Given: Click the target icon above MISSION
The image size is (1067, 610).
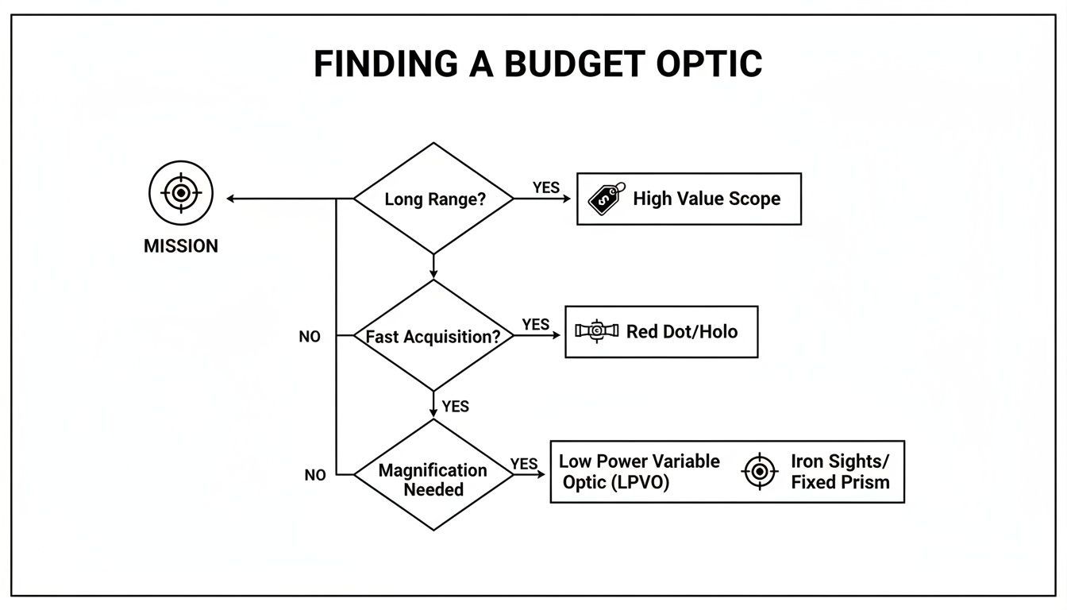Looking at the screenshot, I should point(181,193).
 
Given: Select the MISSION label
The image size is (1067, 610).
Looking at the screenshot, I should point(181,246).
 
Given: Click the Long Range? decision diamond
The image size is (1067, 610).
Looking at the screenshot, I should point(433,199).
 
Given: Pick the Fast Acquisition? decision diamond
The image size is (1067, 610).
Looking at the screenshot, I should point(433,336).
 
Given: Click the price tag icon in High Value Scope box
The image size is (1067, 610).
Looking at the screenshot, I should point(606,199).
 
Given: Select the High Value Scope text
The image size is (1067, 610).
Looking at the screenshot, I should point(707,199).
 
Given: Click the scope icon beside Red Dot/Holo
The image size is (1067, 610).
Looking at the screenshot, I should point(596,331).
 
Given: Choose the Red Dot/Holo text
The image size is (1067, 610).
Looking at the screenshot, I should point(682,331).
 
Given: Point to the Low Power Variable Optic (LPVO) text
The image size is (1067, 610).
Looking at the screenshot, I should point(639,472).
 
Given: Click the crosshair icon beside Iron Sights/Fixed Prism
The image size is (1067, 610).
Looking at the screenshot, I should point(760,472).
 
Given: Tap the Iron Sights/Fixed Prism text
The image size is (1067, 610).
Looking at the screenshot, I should point(841,472).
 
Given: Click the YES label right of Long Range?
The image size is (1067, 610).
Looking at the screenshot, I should point(546,187).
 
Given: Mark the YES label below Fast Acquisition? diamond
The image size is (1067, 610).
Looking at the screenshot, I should point(456,407).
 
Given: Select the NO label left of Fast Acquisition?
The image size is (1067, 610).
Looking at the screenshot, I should point(310,337).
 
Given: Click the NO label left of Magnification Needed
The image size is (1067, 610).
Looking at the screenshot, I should point(315,475).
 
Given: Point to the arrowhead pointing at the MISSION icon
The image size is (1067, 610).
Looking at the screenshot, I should point(231,199).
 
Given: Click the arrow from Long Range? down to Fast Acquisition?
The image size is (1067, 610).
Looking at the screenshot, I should point(433,267).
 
